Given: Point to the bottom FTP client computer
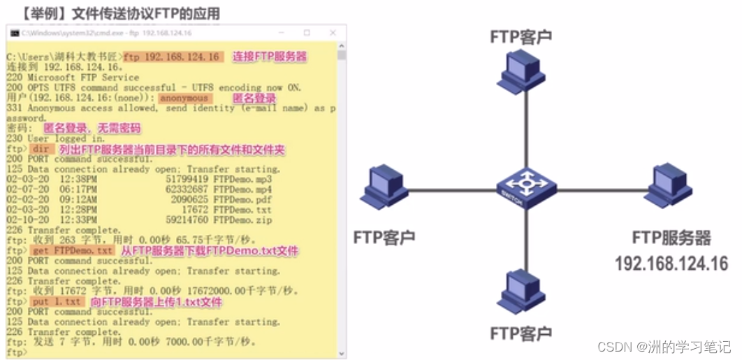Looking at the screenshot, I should [521, 291].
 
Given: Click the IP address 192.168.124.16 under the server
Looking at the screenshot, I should [671, 264].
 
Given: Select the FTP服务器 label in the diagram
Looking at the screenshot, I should [671, 238].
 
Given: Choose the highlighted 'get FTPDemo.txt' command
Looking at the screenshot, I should [72, 250].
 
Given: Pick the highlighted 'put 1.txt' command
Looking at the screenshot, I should [61, 301].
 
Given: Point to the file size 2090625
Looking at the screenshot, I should [189, 199].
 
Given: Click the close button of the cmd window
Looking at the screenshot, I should [333, 33].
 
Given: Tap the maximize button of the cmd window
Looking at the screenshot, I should [307, 33].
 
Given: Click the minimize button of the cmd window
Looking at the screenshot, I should [281, 33].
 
